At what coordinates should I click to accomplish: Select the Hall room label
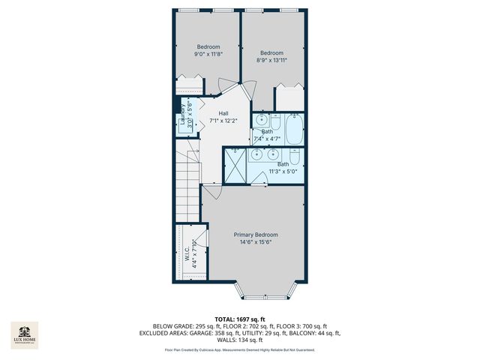(223, 112)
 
